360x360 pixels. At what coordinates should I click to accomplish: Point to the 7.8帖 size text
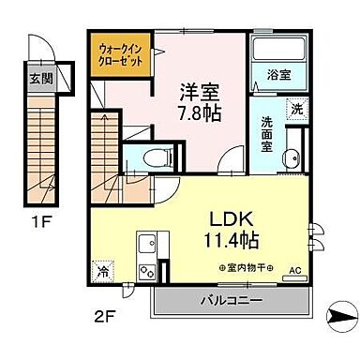[x=199, y=115]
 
